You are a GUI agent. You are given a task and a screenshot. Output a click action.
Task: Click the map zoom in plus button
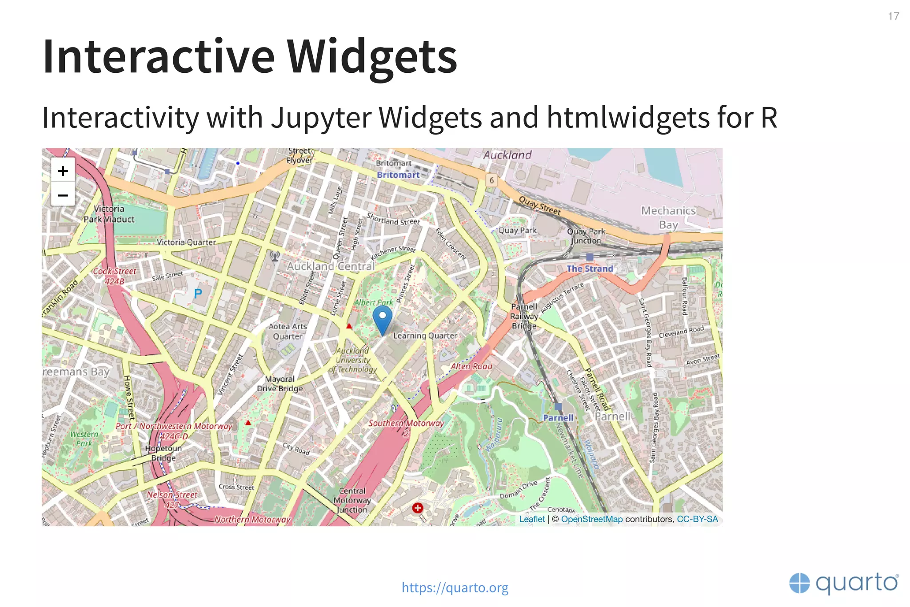(63, 171)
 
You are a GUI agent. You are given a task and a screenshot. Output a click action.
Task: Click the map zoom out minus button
(63, 195)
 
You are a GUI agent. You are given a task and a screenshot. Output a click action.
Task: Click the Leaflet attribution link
(531, 519)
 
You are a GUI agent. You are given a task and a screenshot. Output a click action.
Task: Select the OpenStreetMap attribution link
(591, 519)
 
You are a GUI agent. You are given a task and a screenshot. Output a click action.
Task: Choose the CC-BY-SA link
(697, 519)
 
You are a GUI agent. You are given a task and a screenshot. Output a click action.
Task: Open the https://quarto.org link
(455, 587)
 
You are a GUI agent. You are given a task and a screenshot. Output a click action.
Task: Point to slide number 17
(893, 16)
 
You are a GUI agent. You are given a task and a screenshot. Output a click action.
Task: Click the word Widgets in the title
(372, 57)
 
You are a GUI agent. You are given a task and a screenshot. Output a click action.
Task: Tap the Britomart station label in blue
(398, 175)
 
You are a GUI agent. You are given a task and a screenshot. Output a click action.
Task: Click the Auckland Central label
(331, 266)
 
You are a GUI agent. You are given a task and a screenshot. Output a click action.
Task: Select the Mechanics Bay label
(668, 218)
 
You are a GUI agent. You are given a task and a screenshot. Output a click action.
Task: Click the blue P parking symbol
(198, 294)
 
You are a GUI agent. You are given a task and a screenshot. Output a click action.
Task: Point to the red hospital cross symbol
(418, 508)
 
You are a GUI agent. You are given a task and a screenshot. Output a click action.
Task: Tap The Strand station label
(590, 269)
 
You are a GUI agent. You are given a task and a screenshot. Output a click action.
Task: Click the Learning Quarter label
(425, 336)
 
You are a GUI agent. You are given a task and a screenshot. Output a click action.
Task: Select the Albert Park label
(374, 302)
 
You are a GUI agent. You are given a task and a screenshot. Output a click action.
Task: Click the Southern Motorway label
(406, 423)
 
